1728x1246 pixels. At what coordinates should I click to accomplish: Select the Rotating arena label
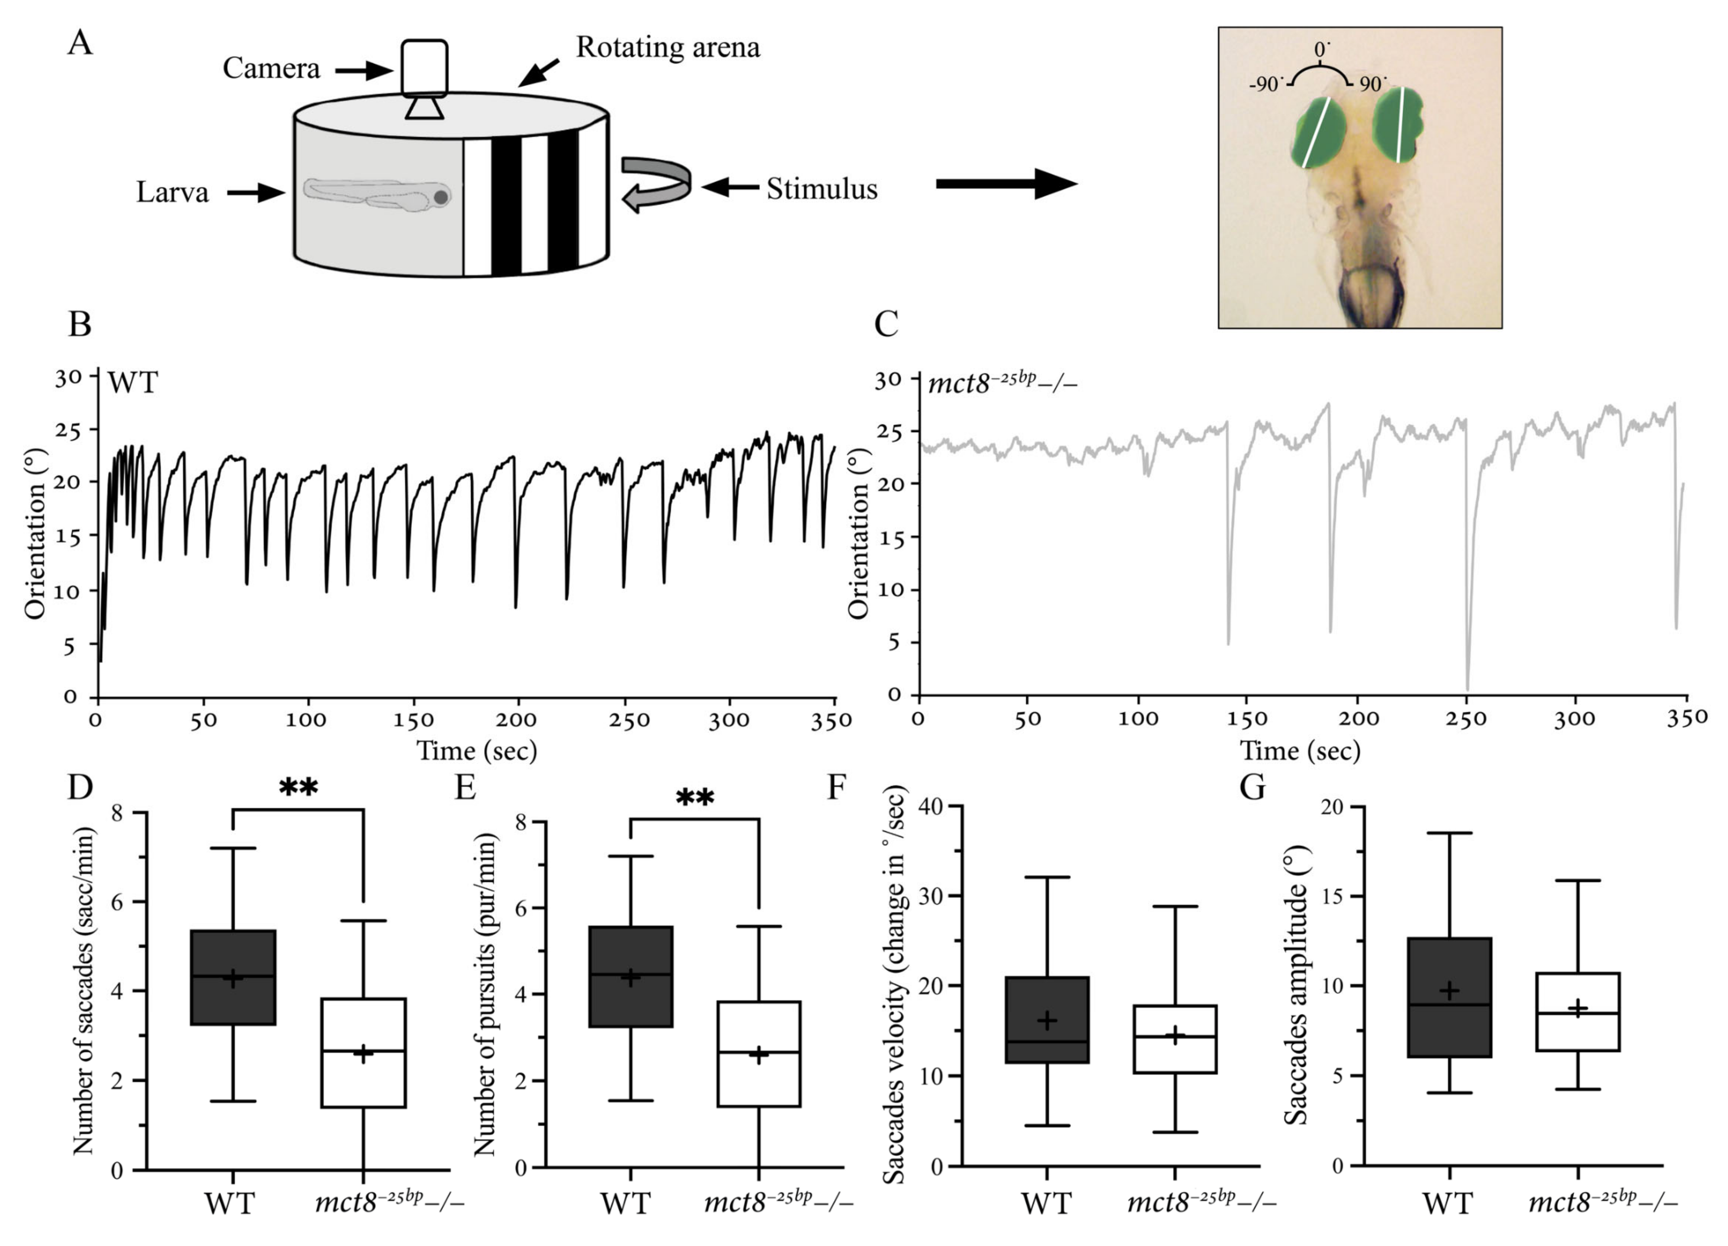tap(668, 47)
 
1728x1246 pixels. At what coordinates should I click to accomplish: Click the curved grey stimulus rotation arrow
tap(655, 183)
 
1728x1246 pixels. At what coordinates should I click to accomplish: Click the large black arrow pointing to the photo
tap(1006, 183)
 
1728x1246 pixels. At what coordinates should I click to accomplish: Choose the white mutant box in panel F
tap(1175, 1039)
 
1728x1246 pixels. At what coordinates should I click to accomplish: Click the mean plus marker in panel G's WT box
tap(1449, 990)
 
